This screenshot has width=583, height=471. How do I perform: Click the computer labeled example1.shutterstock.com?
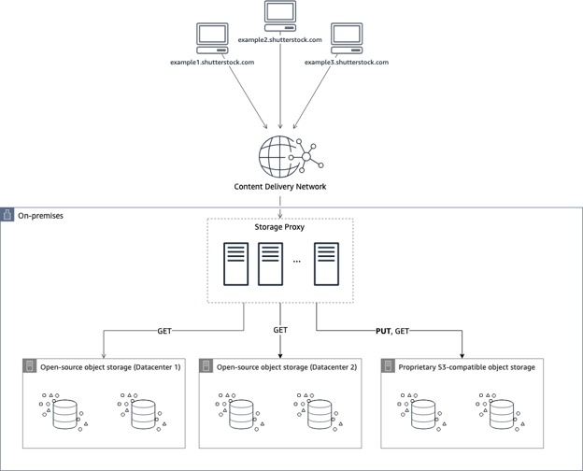[212, 39]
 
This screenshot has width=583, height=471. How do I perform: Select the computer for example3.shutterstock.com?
[346, 39]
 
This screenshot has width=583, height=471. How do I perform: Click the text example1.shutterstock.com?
[212, 63]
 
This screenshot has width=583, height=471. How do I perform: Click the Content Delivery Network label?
[280, 187]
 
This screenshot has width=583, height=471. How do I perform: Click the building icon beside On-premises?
[8, 216]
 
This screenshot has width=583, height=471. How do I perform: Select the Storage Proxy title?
[280, 227]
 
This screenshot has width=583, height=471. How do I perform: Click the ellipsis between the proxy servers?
[297, 263]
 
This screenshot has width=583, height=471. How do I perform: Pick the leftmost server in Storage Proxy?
[236, 264]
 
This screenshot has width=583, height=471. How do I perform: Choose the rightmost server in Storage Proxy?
[326, 264]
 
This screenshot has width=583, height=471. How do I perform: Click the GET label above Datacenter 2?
[279, 330]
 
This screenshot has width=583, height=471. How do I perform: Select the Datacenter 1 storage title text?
[122, 367]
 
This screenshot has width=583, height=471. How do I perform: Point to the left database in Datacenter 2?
[240, 413]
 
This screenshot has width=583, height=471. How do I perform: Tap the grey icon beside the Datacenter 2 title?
[206, 367]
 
